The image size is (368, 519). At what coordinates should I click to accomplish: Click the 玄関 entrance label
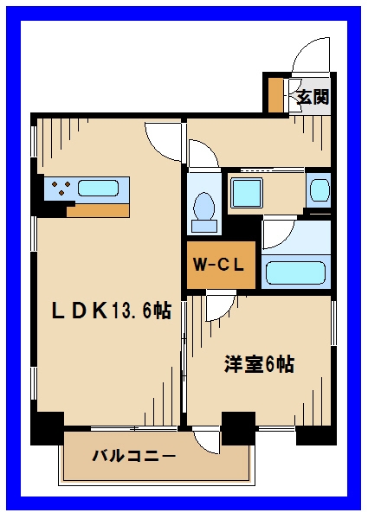click(x=313, y=98)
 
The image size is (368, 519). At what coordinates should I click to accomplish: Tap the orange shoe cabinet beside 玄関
click(x=276, y=96)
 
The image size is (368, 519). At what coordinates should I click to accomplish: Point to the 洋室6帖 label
click(x=259, y=364)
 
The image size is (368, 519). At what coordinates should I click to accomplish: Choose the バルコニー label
click(x=134, y=456)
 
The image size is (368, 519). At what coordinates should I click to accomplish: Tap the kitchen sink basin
click(x=102, y=188)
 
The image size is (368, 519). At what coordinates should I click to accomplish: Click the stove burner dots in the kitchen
click(x=61, y=188)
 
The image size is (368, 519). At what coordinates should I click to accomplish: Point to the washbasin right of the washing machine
click(x=319, y=189)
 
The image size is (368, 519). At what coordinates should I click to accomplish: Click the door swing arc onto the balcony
click(x=207, y=441)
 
